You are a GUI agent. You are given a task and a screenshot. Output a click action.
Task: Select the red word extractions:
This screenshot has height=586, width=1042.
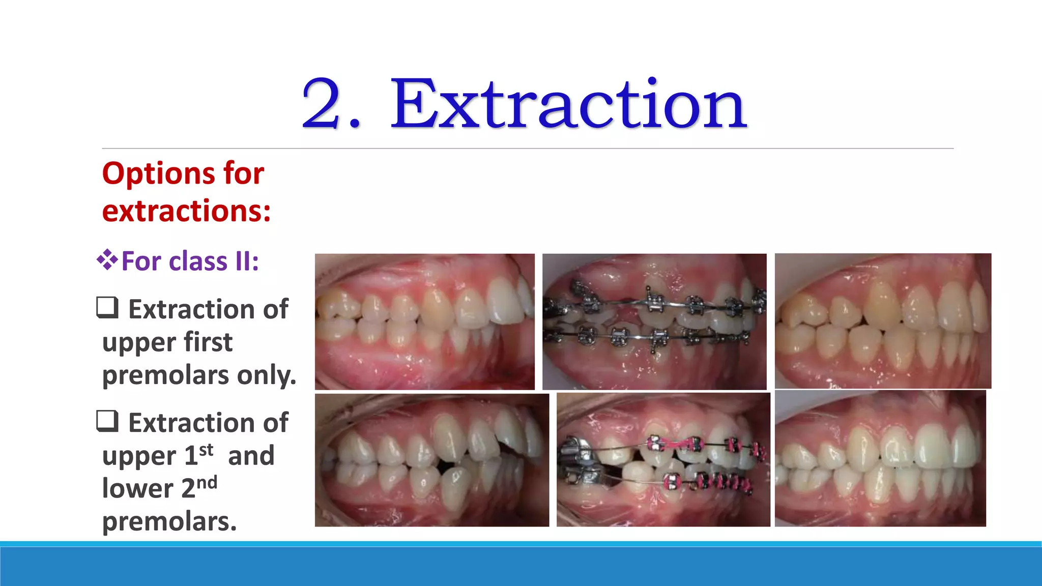[186, 211]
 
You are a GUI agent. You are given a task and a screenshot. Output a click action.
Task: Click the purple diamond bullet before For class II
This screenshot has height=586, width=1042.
[107, 260]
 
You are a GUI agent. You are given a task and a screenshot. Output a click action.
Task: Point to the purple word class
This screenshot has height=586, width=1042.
[198, 261]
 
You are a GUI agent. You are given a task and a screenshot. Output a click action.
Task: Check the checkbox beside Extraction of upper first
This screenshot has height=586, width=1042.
[107, 308]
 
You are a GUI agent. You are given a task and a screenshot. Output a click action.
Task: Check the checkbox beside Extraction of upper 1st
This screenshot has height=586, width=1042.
[107, 421]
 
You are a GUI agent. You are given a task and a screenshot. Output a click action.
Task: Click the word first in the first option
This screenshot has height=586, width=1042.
[208, 342]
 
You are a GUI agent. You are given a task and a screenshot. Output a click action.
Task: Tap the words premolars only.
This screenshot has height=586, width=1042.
[199, 375]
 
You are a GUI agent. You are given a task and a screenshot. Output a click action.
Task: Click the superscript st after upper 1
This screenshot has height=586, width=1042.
[206, 450]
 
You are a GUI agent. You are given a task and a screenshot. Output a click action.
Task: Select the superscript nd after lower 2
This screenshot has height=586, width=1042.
[207, 482]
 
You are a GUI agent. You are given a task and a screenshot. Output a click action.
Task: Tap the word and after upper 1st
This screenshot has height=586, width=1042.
[251, 456]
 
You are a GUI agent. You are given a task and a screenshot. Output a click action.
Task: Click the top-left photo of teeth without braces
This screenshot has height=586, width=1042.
[424, 321]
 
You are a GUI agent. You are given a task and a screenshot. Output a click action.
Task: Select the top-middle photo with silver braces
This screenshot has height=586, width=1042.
[654, 321]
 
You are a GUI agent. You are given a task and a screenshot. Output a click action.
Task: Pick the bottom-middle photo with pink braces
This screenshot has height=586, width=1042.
[663, 460]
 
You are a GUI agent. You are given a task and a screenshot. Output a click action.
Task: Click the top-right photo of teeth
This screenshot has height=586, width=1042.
[883, 321]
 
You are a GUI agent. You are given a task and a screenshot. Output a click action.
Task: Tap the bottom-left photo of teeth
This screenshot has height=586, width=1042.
[431, 460]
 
